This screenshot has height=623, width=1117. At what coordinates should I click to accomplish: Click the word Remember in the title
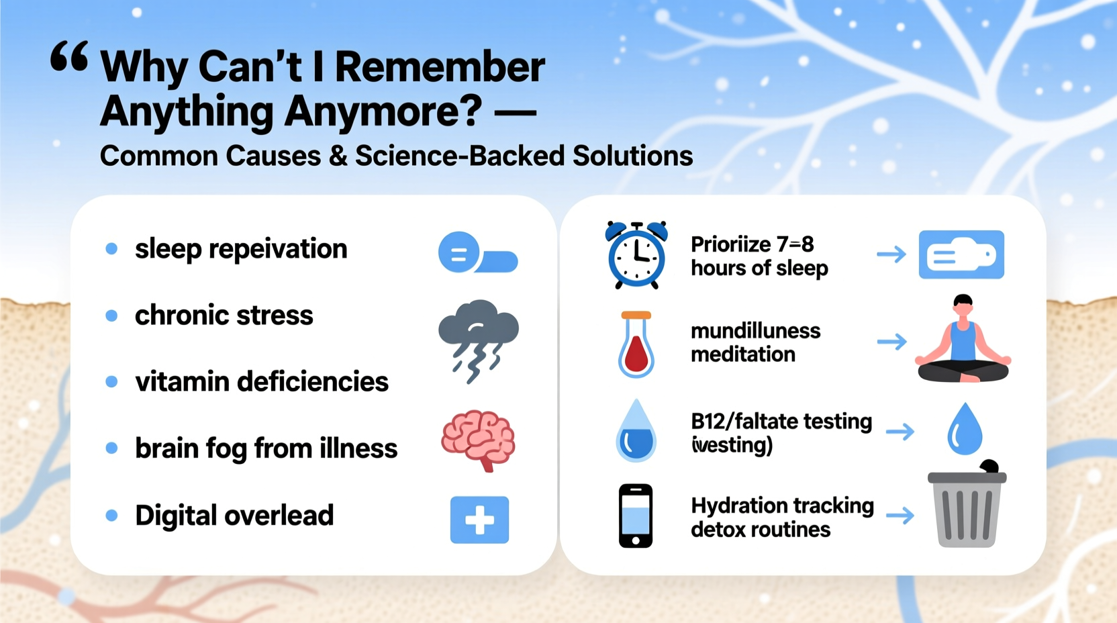[x=440, y=67]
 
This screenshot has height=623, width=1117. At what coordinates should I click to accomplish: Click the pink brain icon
[x=478, y=440]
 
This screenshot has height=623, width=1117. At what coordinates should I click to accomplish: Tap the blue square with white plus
[x=479, y=520]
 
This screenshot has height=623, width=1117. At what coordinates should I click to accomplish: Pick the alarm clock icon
[x=636, y=255]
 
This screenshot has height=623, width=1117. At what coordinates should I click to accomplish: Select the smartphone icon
[x=635, y=516]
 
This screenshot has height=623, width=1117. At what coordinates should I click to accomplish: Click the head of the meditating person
[x=963, y=305]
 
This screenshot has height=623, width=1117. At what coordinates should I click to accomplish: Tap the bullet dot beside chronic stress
[x=111, y=316]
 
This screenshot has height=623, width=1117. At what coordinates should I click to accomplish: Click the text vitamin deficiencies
[x=261, y=381]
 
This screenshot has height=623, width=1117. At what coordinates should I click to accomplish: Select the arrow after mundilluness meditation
[x=891, y=342]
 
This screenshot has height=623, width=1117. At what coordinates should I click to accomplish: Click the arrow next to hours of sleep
[x=891, y=254]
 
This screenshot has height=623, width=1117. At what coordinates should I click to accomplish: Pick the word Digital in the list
[x=176, y=516]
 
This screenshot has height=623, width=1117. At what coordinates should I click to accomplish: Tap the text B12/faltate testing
[x=781, y=422]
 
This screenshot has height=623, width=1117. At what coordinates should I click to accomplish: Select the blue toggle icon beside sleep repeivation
[x=477, y=253]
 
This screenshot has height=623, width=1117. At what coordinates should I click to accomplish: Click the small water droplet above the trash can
[x=965, y=429]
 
